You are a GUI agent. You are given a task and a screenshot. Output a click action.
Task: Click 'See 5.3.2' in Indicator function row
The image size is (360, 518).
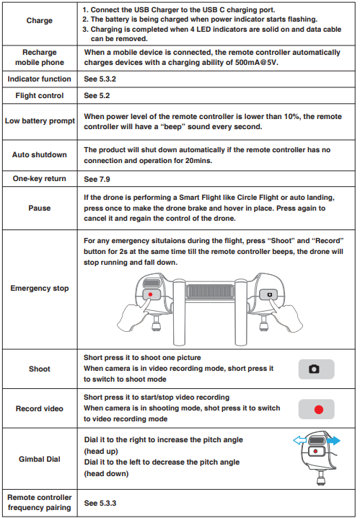pos(99,79)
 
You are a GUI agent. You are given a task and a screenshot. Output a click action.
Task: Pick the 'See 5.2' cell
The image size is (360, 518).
pos(95,96)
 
